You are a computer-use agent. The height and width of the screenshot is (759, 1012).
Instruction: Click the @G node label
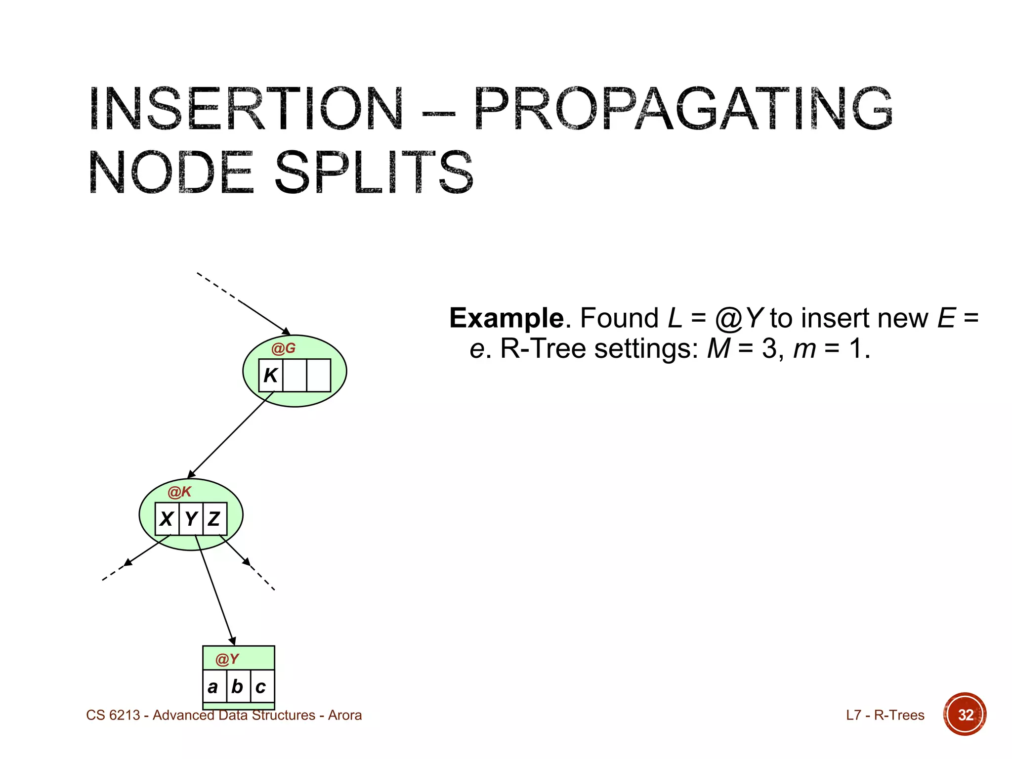[283, 349]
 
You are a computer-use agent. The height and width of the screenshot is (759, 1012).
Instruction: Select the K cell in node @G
[271, 376]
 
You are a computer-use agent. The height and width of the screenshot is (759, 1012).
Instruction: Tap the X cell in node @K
[167, 519]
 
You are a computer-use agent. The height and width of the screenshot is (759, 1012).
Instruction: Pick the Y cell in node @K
[191, 519]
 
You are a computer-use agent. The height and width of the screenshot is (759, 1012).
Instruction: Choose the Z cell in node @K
[214, 519]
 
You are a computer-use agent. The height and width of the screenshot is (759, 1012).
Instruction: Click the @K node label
[179, 492]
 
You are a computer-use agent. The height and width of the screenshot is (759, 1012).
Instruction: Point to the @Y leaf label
[227, 659]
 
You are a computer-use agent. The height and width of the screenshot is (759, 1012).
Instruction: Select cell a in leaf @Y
[213, 687]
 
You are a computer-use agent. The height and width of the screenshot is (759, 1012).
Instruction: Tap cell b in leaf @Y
[238, 687]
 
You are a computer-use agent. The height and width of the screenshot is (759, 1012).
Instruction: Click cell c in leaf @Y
[261, 687]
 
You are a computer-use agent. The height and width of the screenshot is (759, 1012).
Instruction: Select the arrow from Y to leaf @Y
[215, 590]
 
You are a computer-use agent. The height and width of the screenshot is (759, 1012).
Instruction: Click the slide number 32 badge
[965, 715]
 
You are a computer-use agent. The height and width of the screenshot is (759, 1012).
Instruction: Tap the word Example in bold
[506, 318]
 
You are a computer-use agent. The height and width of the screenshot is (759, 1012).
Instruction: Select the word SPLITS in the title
[374, 173]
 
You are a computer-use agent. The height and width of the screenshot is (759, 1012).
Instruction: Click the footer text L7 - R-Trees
[885, 715]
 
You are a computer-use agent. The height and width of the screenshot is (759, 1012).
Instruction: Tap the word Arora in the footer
[345, 715]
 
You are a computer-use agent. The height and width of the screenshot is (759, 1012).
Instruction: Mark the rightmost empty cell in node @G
[319, 376]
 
